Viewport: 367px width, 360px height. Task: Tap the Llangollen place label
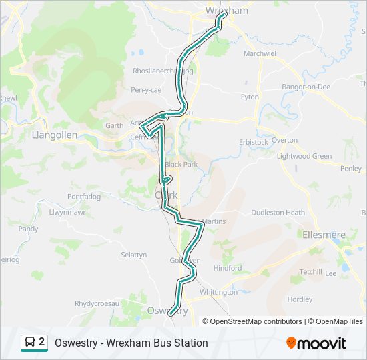pyautogui.click(x=55, y=135)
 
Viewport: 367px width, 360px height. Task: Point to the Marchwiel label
pyautogui.click(x=260, y=53)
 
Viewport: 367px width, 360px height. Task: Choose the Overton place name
pyautogui.click(x=284, y=140)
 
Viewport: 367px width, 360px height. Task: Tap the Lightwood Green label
pyautogui.click(x=304, y=156)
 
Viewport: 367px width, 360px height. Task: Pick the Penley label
pyautogui.click(x=350, y=169)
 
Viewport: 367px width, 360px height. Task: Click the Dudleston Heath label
pyautogui.click(x=278, y=213)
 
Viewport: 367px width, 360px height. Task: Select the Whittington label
pyautogui.click(x=218, y=292)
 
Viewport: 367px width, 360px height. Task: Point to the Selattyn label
pyautogui.click(x=133, y=255)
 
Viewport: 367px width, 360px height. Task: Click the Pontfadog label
pyautogui.click(x=83, y=197)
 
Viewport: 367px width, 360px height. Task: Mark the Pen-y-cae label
pyautogui.click(x=146, y=89)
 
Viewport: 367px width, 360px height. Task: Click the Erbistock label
pyautogui.click(x=253, y=142)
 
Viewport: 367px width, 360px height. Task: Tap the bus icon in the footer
pyautogui.click(x=30, y=343)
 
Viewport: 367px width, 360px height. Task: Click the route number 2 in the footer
pyautogui.click(x=42, y=342)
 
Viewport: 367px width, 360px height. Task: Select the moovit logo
pyautogui.click(x=316, y=343)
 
